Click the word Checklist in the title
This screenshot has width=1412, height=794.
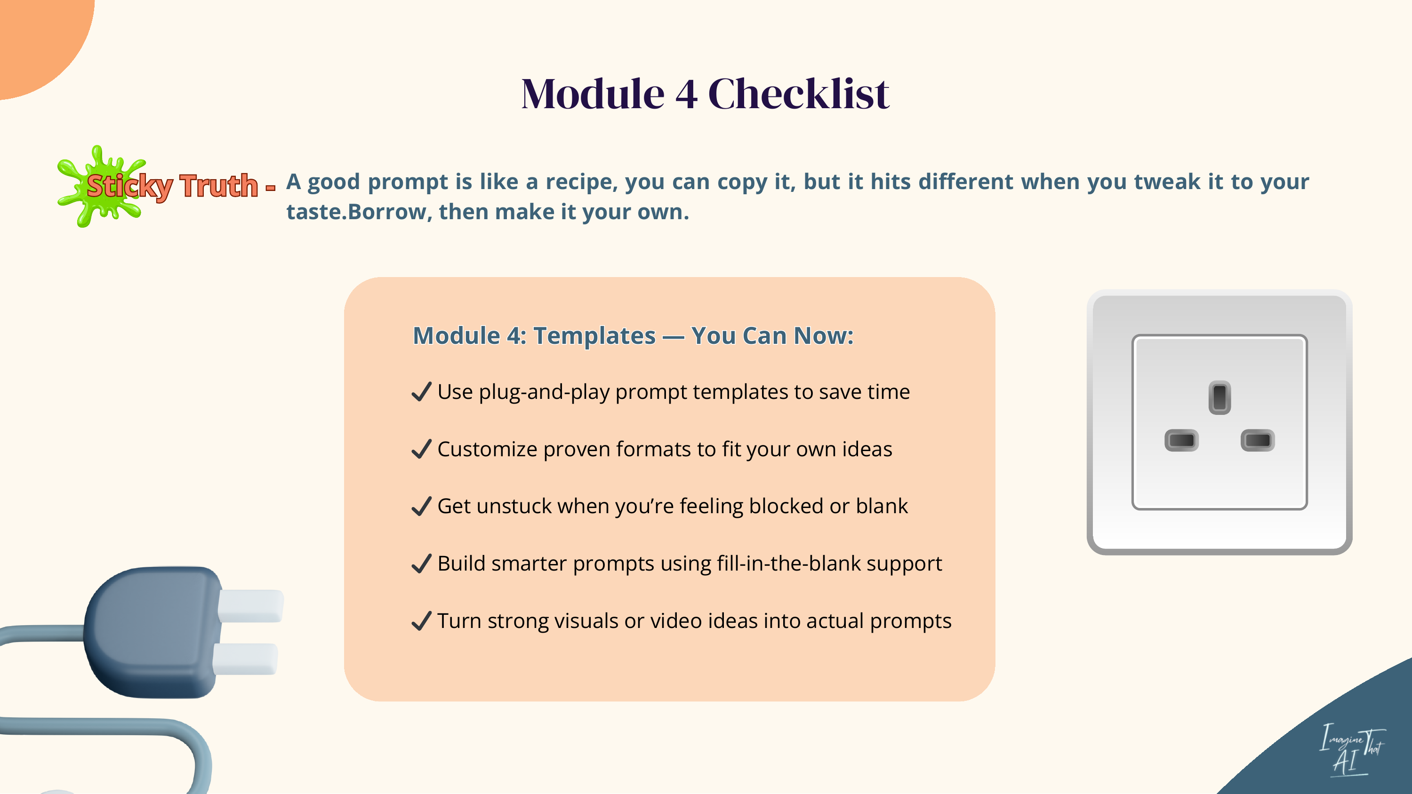tap(798, 94)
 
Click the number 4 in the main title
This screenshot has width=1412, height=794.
tap(686, 94)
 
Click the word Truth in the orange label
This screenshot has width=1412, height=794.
tap(219, 186)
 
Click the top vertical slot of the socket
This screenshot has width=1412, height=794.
tap(1219, 397)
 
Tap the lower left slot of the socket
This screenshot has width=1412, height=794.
tap(1181, 440)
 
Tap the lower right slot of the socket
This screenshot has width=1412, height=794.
tap(1258, 440)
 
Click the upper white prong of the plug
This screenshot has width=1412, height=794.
tap(251, 605)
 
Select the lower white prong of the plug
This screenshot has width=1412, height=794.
tap(245, 659)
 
